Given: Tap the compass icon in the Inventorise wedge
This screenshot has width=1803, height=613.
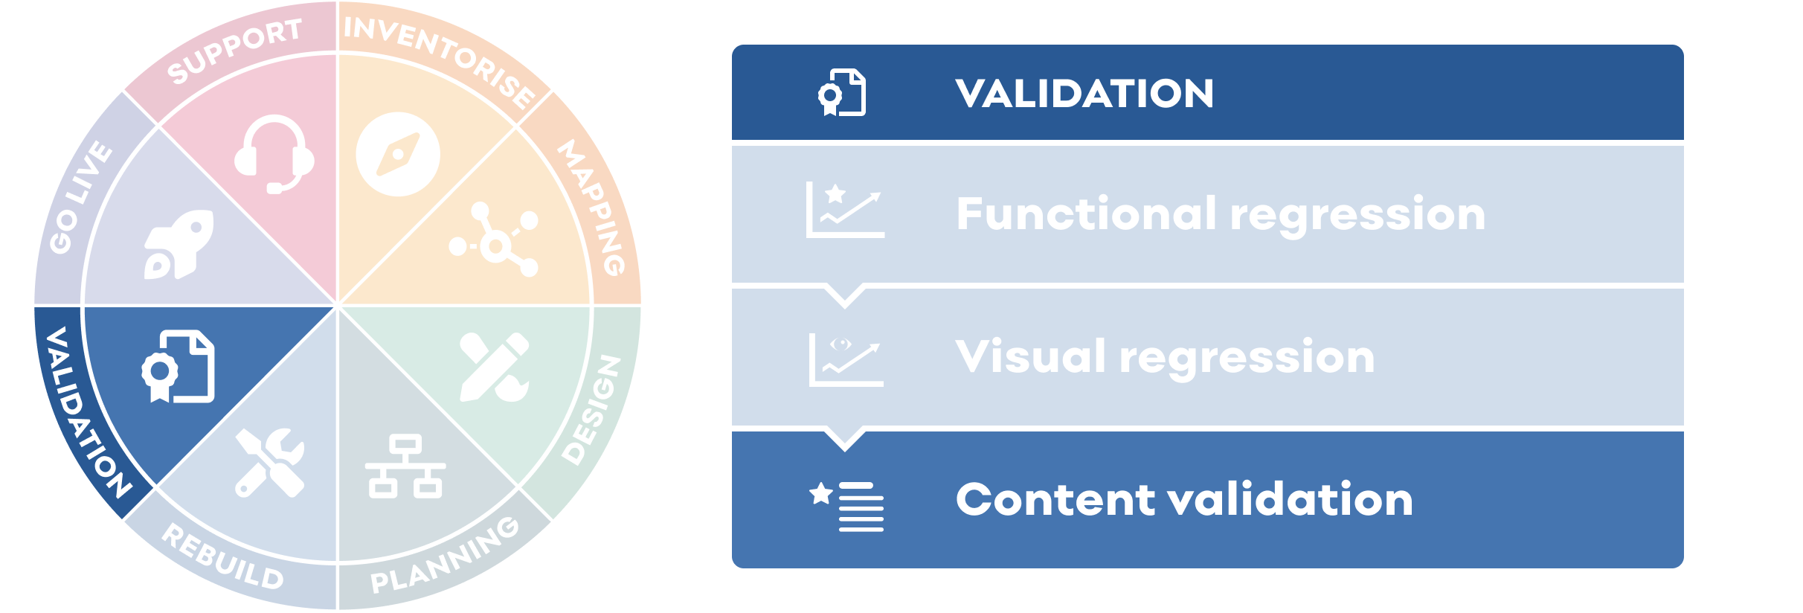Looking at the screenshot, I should click(x=398, y=154).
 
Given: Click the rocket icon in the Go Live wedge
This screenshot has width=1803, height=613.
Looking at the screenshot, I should click(x=179, y=244).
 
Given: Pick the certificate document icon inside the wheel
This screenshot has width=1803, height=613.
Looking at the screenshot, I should click(x=179, y=366).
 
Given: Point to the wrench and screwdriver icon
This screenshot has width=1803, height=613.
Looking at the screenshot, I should click(x=270, y=462).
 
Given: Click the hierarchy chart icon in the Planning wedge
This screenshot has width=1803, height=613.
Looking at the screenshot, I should click(x=405, y=466).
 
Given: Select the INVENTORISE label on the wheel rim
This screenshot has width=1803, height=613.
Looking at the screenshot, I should click(x=440, y=59).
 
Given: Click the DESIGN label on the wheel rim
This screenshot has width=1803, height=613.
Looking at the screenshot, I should click(x=591, y=409).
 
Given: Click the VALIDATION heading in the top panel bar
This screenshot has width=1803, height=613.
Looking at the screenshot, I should click(x=1084, y=94).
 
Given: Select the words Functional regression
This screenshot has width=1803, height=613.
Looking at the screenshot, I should click(x=1221, y=214).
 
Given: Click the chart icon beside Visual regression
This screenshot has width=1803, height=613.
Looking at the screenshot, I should click(x=846, y=359).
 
